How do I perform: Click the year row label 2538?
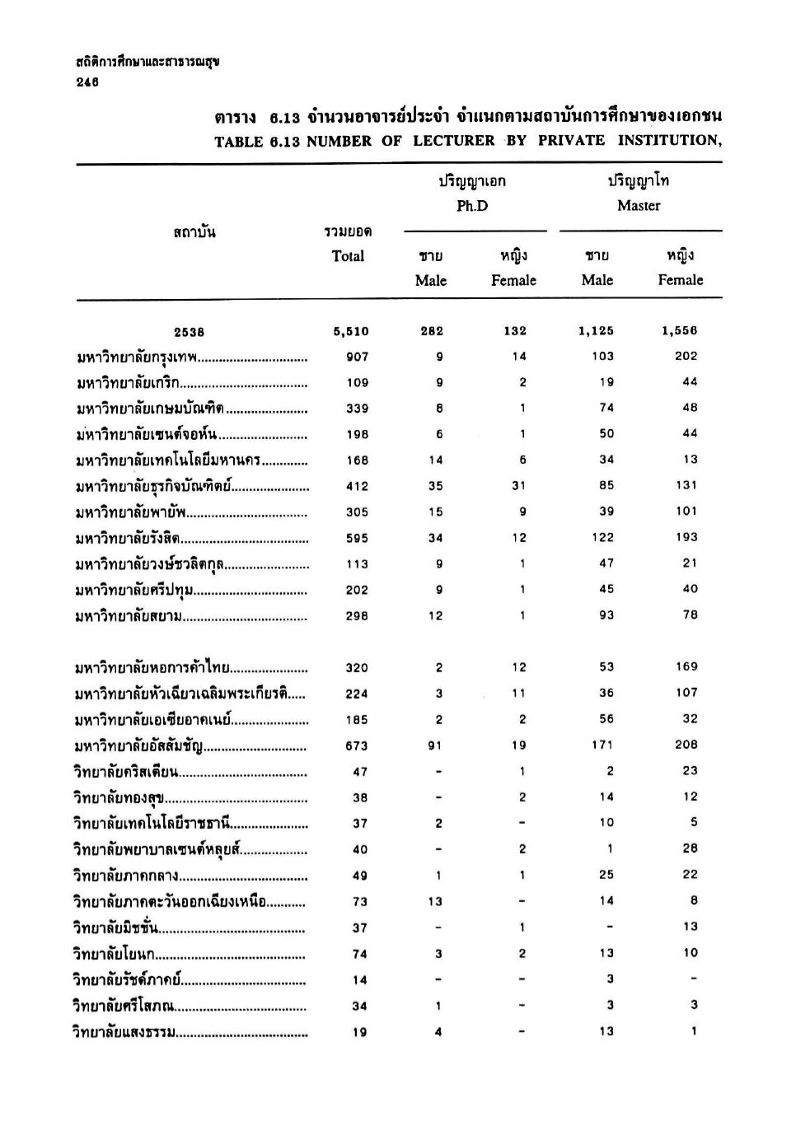click(x=190, y=332)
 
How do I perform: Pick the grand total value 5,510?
click(x=351, y=332)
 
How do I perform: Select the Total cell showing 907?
click(x=357, y=358)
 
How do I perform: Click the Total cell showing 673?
click(x=357, y=746)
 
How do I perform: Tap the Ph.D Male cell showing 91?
click(x=436, y=746)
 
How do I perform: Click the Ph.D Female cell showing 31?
click(x=518, y=486)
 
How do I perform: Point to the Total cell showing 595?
click(x=357, y=539)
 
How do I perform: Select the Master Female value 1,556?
click(x=679, y=331)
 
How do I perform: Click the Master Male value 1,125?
click(x=597, y=331)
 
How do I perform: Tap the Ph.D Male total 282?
click(x=432, y=331)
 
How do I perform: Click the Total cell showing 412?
click(x=357, y=487)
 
